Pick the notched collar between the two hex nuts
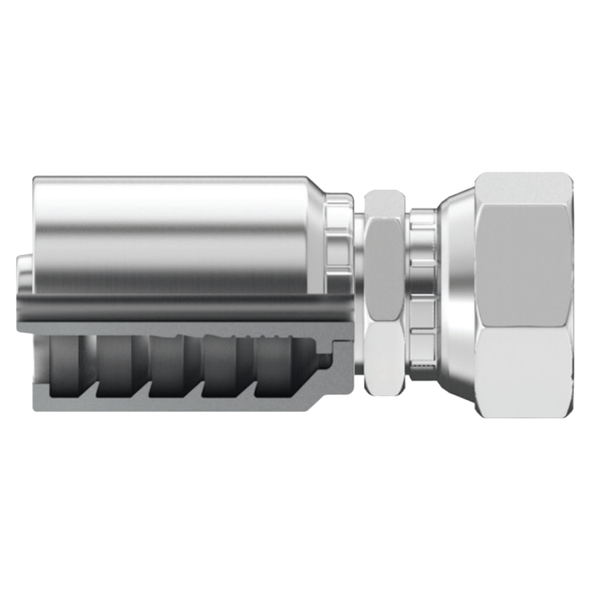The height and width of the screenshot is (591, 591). coord(421,295)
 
